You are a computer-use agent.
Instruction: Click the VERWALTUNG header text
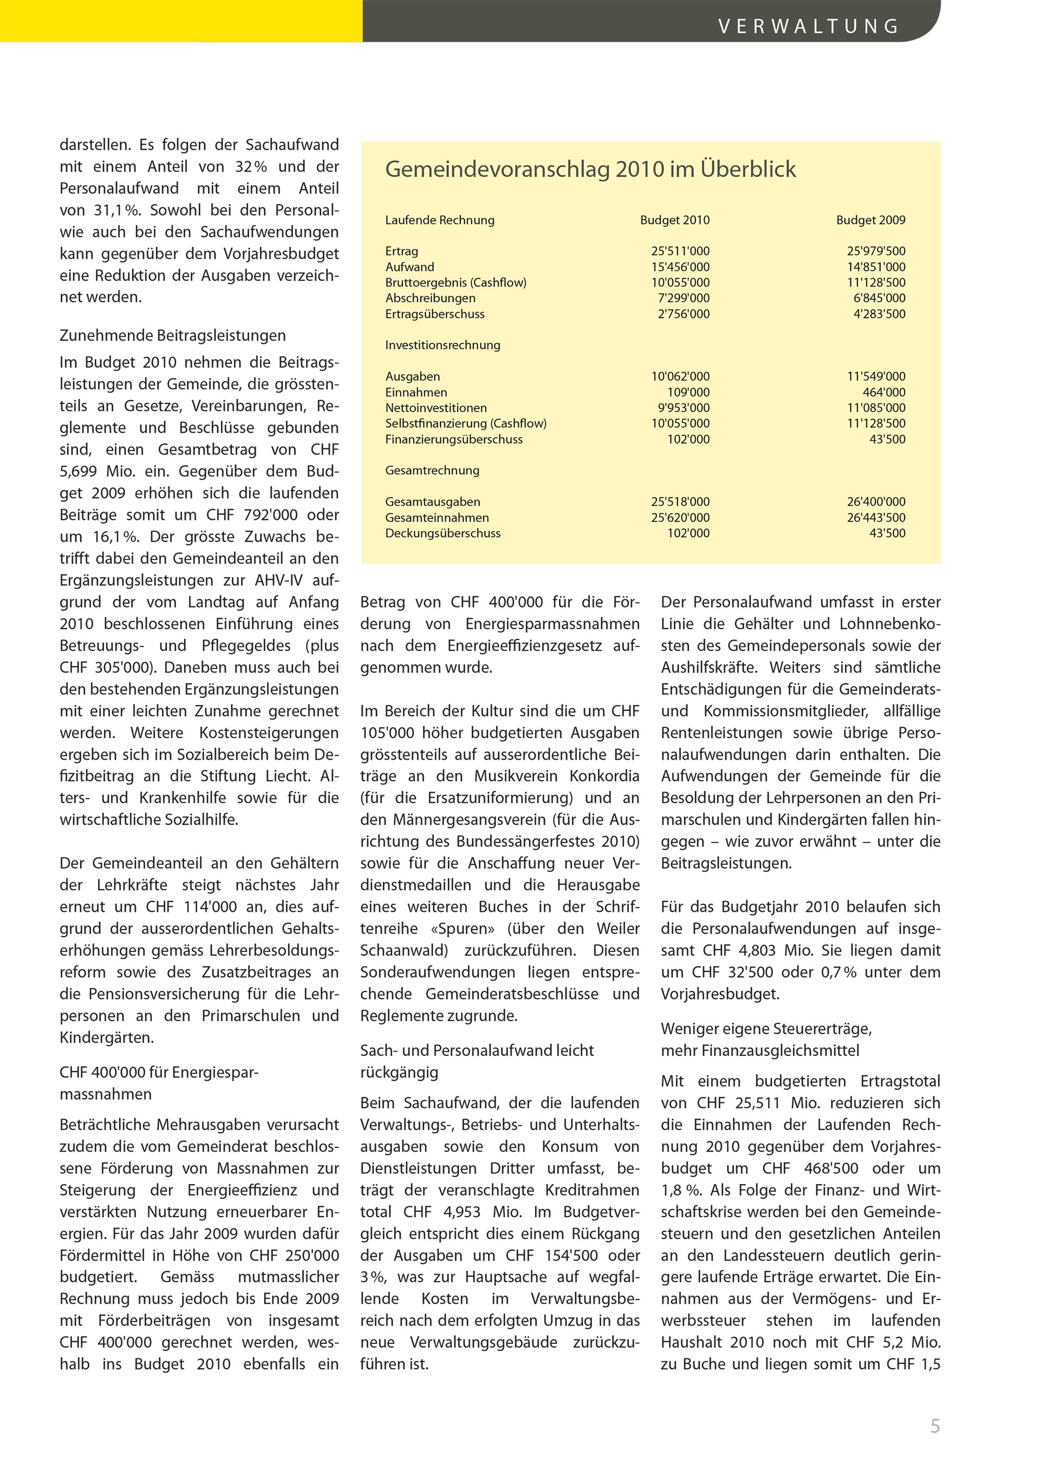pos(808,26)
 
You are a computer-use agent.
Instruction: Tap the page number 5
pos(935,1426)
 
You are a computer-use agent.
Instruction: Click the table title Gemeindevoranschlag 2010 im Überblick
pos(590,169)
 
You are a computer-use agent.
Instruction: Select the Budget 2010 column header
pos(674,220)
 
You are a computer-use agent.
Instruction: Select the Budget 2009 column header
pos(870,220)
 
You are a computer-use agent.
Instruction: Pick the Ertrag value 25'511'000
pos(680,252)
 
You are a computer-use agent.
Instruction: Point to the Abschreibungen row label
pos(430,298)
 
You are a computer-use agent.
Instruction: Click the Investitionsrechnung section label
pos(443,345)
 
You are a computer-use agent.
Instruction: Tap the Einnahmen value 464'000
pos(884,393)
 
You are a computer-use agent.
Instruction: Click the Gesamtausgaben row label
pos(432,502)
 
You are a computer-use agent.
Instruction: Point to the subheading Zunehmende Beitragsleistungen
pos(173,336)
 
